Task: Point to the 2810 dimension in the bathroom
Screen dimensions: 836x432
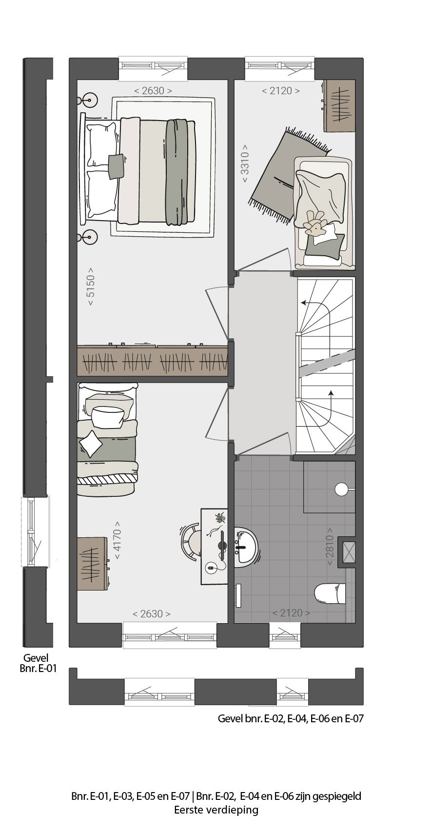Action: click(330, 547)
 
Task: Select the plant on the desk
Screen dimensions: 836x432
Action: click(221, 517)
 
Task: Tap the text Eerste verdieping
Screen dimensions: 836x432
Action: click(216, 811)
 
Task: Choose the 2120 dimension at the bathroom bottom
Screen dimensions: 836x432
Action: click(291, 613)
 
